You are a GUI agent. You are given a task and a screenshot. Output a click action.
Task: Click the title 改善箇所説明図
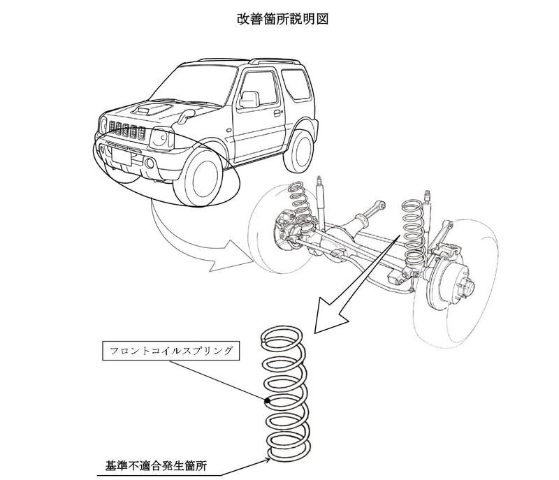[x=282, y=20]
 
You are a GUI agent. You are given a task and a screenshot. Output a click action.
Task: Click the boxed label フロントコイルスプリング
[x=170, y=351]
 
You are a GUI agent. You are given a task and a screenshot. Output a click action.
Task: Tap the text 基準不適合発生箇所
[x=156, y=466]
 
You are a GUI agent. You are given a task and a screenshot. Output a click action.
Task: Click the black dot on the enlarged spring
[x=267, y=402]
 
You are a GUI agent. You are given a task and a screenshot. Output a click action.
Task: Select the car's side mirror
[x=248, y=99]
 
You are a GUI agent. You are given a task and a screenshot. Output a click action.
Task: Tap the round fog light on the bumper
[x=150, y=164]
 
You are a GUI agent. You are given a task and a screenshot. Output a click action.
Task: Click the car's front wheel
[x=198, y=177]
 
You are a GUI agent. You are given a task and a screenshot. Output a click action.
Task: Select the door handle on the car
[x=276, y=113]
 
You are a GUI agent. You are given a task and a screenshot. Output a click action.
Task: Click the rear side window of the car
[x=296, y=84]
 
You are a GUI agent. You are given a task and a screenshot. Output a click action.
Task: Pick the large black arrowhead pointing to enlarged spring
[x=331, y=316]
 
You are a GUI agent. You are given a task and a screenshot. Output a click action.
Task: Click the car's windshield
[x=193, y=85]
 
